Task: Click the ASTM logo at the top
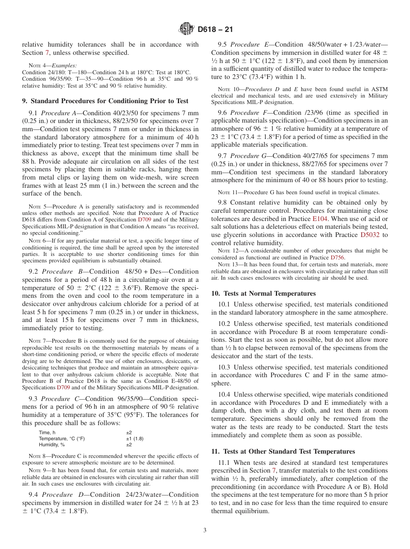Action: pyautogui.click(x=186, y=29)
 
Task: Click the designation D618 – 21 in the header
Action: pyautogui.click(x=215, y=30)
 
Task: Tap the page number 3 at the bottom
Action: pyautogui.click(x=205, y=530)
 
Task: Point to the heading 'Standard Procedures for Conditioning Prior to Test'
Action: pyautogui.click(x=105, y=101)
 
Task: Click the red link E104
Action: pyautogui.click(x=320, y=219)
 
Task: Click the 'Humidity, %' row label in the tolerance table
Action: pyautogui.click(x=52, y=445)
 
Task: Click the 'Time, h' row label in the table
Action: pyautogui.click(x=47, y=432)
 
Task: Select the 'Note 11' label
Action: pyautogui.click(x=227, y=192)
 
